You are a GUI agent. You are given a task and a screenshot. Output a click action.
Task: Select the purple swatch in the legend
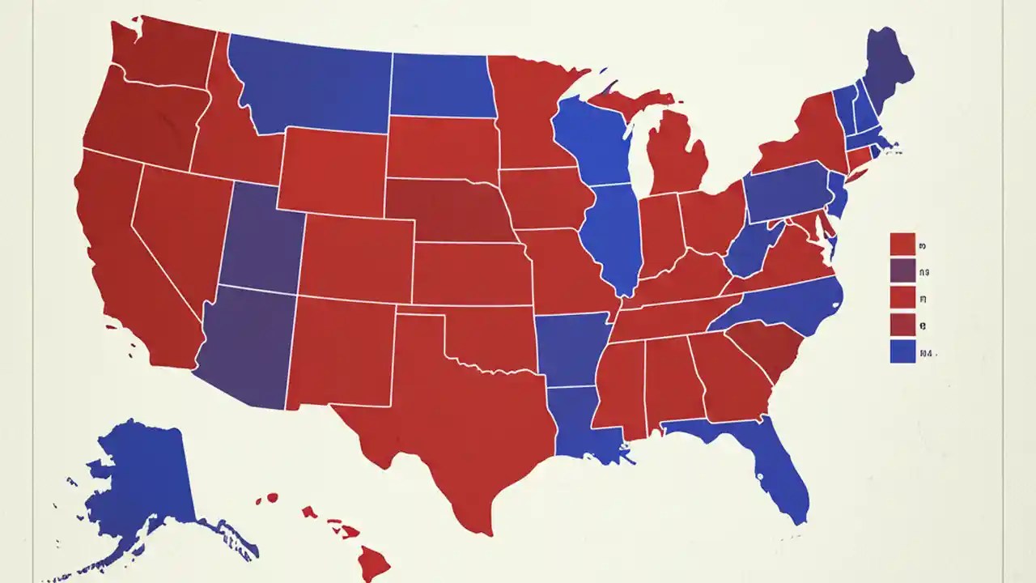(902, 270)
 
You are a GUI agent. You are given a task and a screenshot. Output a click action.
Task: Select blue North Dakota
(441, 85)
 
